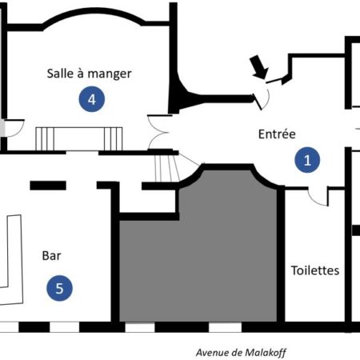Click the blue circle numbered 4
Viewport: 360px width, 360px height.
[92, 99]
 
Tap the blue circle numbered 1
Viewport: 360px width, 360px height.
[307, 160]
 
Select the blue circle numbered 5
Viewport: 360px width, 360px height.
[59, 288]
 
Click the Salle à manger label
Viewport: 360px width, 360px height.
[89, 74]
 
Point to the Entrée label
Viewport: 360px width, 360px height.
[277, 134]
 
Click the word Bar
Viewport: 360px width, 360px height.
[51, 256]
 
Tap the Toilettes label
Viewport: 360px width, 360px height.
[315, 270]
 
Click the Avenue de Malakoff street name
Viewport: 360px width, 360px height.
[241, 353]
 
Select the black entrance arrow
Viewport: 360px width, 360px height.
[258, 67]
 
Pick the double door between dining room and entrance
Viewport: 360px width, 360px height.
[158, 132]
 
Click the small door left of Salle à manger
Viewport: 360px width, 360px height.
[14, 129]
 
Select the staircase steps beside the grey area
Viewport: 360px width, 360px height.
[167, 168]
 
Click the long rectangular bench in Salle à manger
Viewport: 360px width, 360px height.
[79, 139]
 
